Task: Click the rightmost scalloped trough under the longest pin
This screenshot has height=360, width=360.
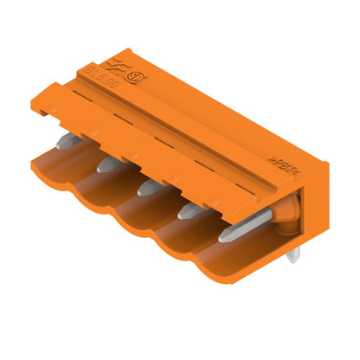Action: pos(227,264)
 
